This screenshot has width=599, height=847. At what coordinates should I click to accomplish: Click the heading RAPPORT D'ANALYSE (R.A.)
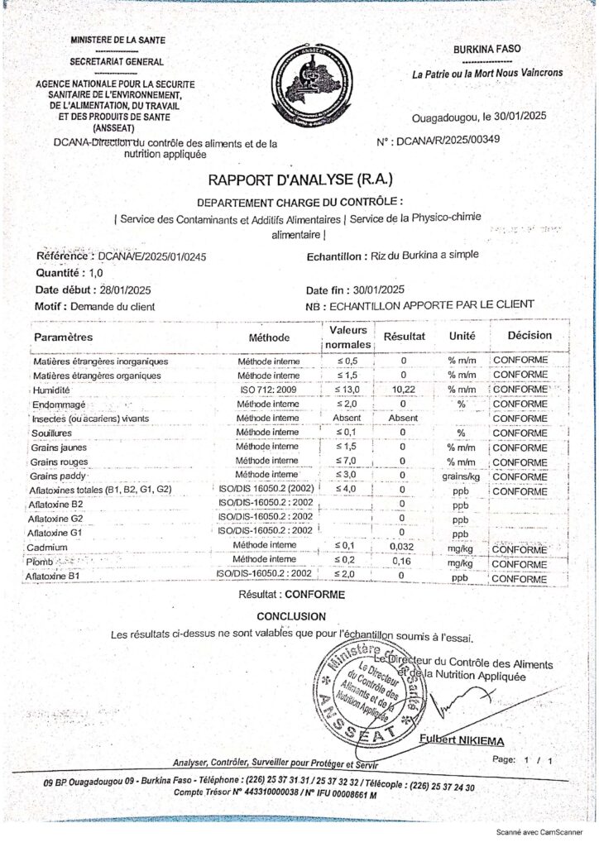[299, 179]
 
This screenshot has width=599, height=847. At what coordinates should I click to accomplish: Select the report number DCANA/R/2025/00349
[448, 141]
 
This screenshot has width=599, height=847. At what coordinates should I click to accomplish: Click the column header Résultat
[404, 337]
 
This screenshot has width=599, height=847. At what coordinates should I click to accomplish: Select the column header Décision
[530, 336]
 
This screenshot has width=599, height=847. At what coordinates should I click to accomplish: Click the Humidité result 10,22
[403, 390]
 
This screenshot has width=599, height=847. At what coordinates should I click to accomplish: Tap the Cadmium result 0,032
[403, 548]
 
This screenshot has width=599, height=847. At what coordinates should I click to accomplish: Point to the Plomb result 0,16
[403, 562]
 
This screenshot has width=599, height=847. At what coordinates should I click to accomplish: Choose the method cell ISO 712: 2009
[268, 390]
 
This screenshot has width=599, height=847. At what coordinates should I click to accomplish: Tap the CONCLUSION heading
[290, 616]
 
